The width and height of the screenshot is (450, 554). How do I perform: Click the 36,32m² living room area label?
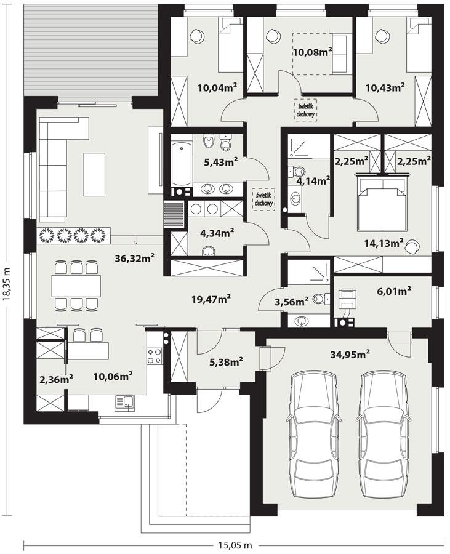coord(134,259)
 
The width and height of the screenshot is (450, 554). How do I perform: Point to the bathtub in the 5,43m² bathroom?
coord(182,164)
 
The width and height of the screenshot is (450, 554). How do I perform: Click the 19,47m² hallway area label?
coord(211,300)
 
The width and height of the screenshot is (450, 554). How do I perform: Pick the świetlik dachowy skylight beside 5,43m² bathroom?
coord(263,199)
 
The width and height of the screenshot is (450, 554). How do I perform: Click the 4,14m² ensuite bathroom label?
coord(313,181)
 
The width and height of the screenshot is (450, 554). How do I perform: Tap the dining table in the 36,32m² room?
coord(75,286)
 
